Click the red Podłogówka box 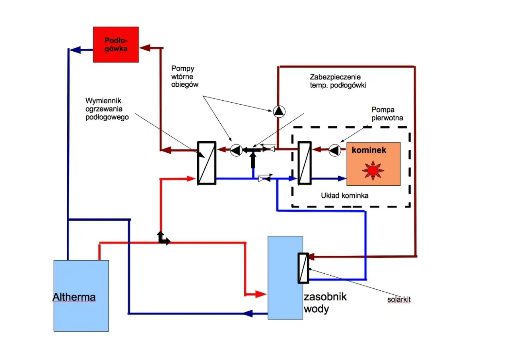(116, 44)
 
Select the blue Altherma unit (81, 296)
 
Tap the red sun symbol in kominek (373, 170)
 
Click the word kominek (369, 151)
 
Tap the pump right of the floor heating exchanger (236, 150)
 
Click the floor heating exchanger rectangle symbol (207, 163)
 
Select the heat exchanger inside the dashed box (305, 163)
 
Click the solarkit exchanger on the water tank (303, 268)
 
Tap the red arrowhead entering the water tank (261, 294)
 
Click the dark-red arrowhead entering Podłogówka (144, 48)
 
